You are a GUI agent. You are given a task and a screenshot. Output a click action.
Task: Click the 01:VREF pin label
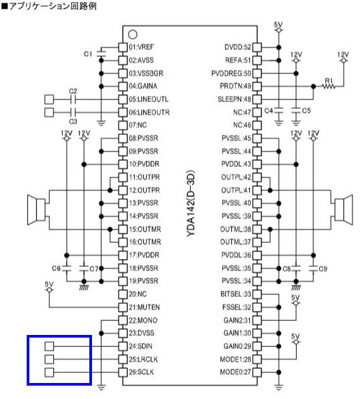coord(141,47)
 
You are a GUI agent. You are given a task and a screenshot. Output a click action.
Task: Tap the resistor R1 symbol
coord(329,87)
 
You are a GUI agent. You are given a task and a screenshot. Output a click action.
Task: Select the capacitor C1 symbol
coord(101,53)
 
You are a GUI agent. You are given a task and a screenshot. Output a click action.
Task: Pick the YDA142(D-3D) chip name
coord(191,204)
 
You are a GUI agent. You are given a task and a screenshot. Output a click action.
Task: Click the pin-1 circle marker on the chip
coord(133,34)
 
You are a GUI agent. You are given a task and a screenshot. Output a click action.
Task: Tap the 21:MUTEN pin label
coord(144,308)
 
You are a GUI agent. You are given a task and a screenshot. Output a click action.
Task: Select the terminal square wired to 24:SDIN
coord(49,346)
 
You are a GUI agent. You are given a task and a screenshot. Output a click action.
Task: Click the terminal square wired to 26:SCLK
coord(49,372)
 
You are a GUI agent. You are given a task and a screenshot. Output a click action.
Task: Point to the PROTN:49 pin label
coord(236,86)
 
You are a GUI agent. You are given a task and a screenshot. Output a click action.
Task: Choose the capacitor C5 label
coord(307,111)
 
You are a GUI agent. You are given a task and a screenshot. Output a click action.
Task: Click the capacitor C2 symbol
coord(73,99)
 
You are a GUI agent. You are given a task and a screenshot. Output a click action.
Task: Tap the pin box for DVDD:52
coord(257,47)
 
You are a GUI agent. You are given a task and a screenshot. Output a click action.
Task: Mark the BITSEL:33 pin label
coord(236,294)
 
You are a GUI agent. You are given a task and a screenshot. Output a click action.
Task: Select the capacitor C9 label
coord(323,269)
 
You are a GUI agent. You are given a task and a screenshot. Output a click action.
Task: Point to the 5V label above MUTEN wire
coord(49,284)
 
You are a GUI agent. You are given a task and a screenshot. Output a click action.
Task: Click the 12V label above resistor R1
coord(343,55)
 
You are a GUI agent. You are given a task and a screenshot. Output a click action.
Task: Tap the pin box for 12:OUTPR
coord(123,190)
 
